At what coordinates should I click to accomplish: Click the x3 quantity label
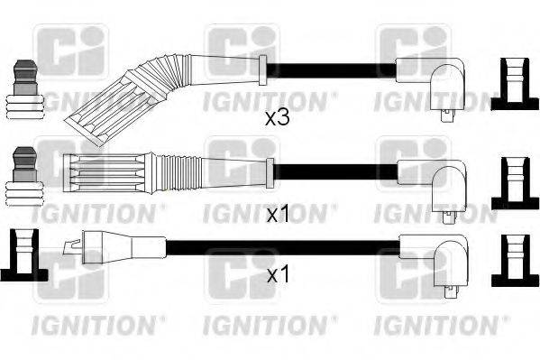pyautogui.click(x=276, y=117)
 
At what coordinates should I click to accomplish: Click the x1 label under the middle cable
pyautogui.click(x=278, y=215)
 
